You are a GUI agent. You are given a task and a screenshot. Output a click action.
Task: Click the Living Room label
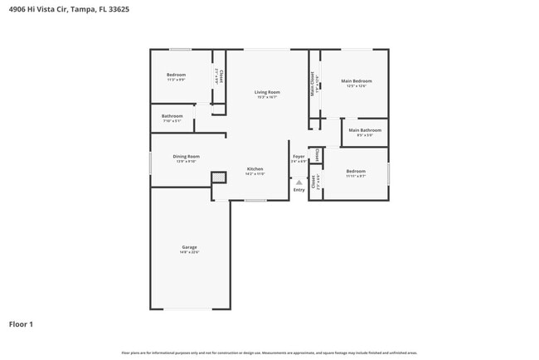point(267,91)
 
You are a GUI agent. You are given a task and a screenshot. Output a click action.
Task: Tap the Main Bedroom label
point(357,80)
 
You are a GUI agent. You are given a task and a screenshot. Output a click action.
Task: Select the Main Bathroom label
point(365,129)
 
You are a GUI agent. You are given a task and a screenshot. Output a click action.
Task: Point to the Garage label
point(189,246)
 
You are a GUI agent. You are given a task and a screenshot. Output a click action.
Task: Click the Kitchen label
point(255,168)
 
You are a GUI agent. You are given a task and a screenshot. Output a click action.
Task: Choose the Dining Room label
point(186,156)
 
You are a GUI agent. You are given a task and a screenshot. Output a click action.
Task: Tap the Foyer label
point(299,156)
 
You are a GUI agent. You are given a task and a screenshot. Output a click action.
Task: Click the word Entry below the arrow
point(299,190)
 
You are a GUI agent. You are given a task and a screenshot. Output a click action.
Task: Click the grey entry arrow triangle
point(299,182)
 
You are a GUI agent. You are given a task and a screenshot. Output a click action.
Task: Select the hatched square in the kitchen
point(218,177)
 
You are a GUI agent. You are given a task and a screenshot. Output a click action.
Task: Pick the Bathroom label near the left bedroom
point(172,115)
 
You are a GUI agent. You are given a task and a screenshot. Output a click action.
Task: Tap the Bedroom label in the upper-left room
point(176,75)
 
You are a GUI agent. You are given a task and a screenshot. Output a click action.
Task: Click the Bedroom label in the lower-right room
point(356,170)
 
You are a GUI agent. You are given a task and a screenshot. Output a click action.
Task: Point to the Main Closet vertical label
point(313,84)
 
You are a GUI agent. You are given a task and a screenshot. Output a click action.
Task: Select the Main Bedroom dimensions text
point(357,85)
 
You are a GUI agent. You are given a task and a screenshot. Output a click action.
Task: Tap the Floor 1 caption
point(21,324)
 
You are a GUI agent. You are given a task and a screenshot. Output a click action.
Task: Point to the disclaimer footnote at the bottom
point(269,353)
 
